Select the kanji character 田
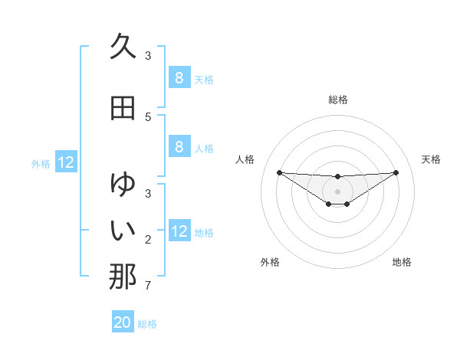click(x=123, y=108)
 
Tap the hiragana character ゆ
click(x=123, y=185)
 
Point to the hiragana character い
click(x=123, y=230)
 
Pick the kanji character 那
click(x=123, y=277)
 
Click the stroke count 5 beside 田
click(x=148, y=116)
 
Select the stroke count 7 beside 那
click(x=148, y=286)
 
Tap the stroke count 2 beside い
click(x=148, y=239)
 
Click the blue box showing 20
click(x=123, y=322)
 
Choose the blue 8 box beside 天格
click(x=179, y=77)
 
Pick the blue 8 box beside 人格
click(x=179, y=146)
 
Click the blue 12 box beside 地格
click(x=179, y=231)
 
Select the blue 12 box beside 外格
click(x=66, y=162)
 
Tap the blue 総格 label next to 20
click(x=147, y=324)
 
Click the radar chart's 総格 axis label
click(x=337, y=100)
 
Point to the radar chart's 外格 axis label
click(x=270, y=262)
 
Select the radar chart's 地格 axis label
click(x=402, y=262)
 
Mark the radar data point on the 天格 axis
click(x=396, y=172)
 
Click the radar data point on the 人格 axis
click(x=279, y=172)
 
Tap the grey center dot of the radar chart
click(x=337, y=191)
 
